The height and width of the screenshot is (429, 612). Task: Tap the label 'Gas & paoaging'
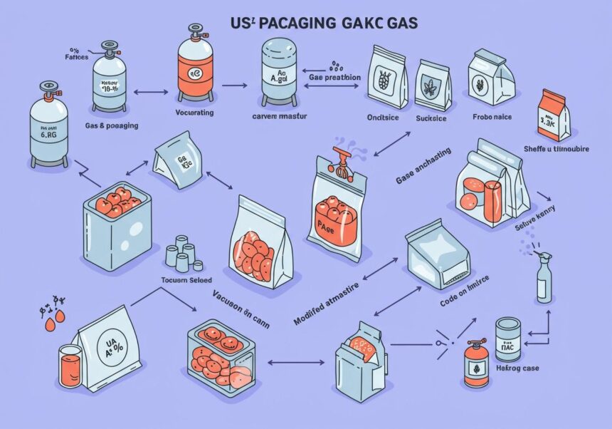tap(112, 125)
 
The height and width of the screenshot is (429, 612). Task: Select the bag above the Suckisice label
tap(433, 86)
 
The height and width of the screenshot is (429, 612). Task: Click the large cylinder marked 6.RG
tap(49, 128)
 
